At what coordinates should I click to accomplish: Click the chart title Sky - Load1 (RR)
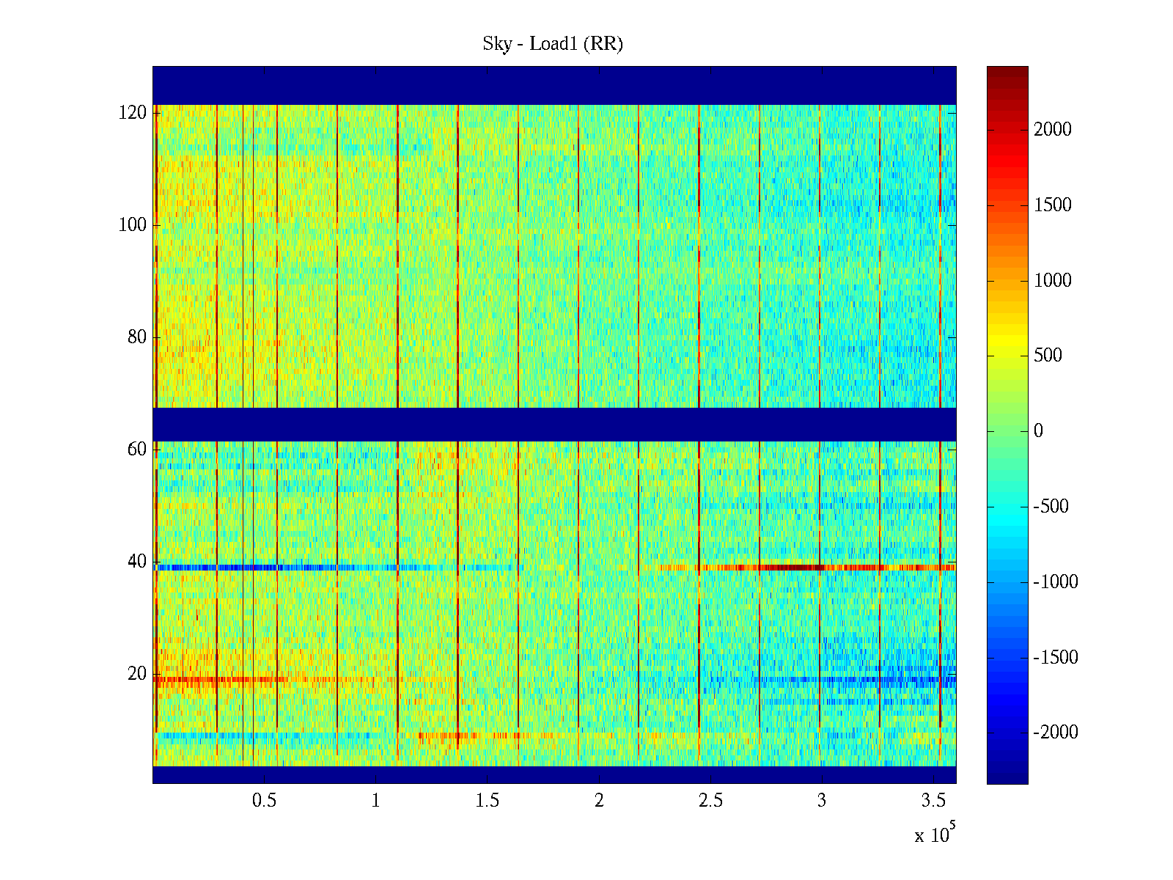(553, 44)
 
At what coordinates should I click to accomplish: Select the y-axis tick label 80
(137, 337)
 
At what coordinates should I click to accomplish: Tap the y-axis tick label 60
(137, 450)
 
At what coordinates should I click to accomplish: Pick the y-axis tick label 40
(137, 562)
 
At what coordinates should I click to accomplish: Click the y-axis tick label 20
(137, 674)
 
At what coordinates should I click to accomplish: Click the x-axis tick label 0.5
(264, 801)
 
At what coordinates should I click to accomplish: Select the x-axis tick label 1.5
(487, 801)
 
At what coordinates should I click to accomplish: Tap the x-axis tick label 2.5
(710, 801)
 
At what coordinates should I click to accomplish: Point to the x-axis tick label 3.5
(933, 801)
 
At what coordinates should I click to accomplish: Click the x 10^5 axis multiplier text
(934, 835)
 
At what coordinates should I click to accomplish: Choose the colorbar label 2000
(1053, 130)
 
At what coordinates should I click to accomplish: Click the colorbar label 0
(1038, 431)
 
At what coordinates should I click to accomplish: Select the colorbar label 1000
(1053, 280)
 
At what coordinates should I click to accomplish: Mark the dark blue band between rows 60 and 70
(554, 424)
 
